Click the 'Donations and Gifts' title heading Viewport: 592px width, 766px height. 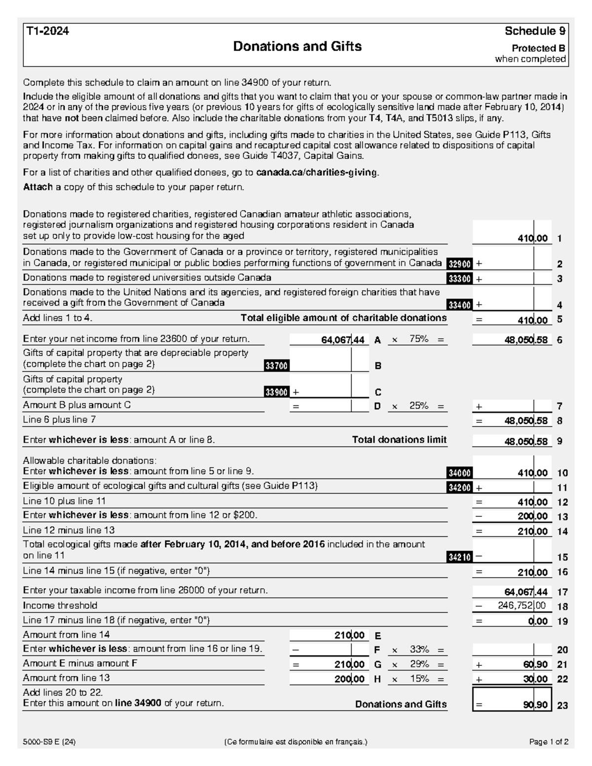(297, 46)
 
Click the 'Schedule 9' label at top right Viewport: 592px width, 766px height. (534, 31)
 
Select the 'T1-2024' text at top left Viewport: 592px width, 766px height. (47, 31)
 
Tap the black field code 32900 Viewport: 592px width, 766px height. (459, 264)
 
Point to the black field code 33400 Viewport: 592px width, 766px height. (459, 305)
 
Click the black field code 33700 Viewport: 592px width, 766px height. (277, 366)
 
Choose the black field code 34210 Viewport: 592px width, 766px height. (459, 557)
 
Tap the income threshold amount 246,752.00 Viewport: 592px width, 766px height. (521, 606)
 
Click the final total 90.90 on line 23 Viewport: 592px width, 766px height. (535, 705)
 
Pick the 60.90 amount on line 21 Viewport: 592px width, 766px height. (535, 664)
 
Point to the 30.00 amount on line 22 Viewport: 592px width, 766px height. (535, 679)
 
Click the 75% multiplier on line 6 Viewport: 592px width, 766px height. (418, 339)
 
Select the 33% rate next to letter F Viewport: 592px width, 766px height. (419, 649)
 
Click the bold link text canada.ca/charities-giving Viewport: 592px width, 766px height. (317, 173)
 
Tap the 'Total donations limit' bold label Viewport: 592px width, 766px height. (399, 439)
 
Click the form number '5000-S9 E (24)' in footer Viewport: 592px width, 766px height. (49, 742)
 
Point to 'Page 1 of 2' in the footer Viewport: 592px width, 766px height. (549, 742)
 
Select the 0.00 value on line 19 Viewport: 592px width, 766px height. (538, 621)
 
